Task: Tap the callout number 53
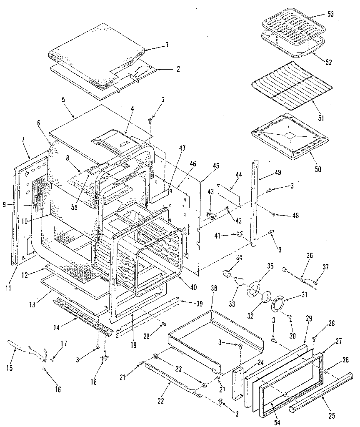tap(331, 15)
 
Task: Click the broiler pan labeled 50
tap(290, 136)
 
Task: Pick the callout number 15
tap(9, 368)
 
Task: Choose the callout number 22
tap(161, 401)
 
